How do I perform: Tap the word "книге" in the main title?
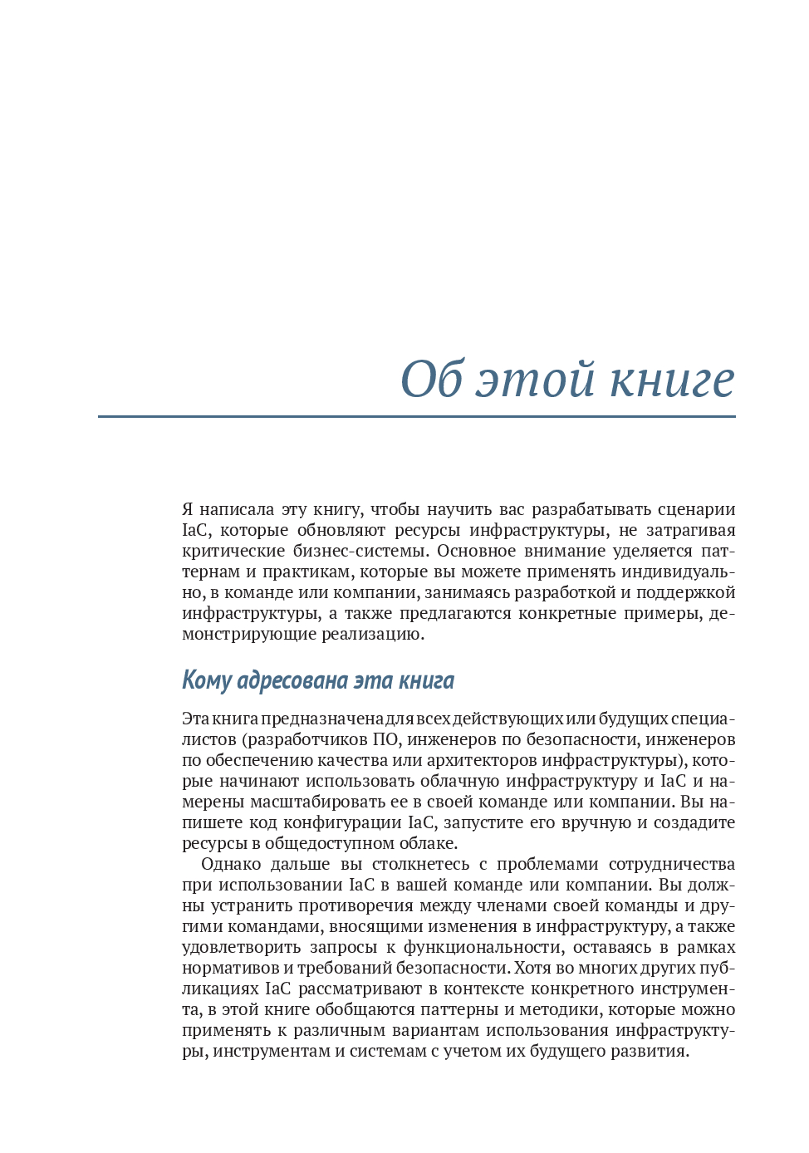673,380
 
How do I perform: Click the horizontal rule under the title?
416,416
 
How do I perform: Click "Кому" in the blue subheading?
206,680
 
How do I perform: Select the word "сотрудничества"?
671,864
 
